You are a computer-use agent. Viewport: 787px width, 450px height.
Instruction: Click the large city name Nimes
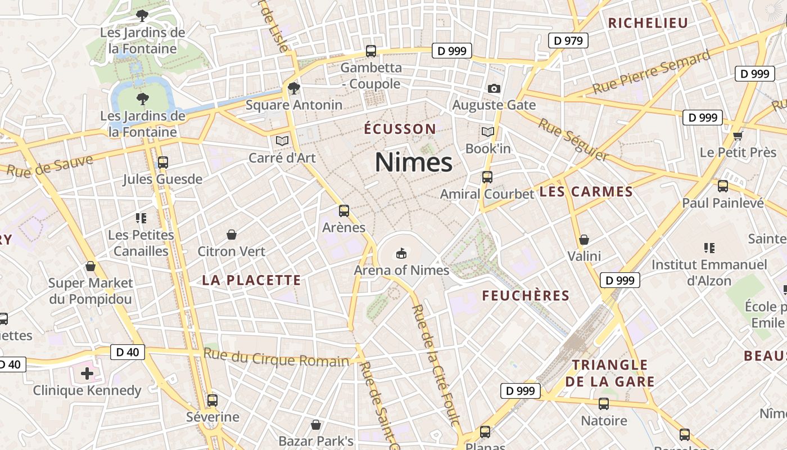[413, 163]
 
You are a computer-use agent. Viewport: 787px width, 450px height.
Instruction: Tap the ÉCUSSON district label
[400, 129]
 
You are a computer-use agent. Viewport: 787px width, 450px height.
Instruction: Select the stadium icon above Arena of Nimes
[401, 253]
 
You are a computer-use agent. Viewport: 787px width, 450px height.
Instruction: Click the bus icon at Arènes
[344, 211]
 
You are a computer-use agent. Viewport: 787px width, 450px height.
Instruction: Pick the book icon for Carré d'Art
[282, 140]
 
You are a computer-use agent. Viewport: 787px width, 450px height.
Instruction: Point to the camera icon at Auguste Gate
[494, 88]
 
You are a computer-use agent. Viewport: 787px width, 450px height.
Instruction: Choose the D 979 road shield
[568, 40]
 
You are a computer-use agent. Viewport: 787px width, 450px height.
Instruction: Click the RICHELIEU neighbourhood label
[648, 23]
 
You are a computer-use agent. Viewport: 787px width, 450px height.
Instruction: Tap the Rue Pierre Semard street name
[652, 73]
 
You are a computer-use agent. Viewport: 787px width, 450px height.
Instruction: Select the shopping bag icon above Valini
[584, 240]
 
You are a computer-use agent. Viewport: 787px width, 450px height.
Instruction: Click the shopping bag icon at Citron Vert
[231, 234]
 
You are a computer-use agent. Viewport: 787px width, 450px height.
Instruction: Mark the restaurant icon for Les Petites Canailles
[141, 218]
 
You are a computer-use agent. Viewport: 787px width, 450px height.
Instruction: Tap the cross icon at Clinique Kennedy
[87, 373]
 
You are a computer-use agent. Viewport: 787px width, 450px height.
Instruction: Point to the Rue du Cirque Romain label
[276, 358]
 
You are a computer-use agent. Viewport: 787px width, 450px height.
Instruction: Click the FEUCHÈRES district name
[526, 295]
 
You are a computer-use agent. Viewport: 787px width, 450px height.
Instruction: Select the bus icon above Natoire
[604, 403]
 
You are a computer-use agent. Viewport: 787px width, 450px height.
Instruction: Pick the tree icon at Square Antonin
[293, 88]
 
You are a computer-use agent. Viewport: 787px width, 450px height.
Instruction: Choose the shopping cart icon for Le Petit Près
[738, 136]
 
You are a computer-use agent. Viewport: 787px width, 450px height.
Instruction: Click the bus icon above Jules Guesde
[163, 163]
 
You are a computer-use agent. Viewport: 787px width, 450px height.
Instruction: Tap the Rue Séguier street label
[573, 139]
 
